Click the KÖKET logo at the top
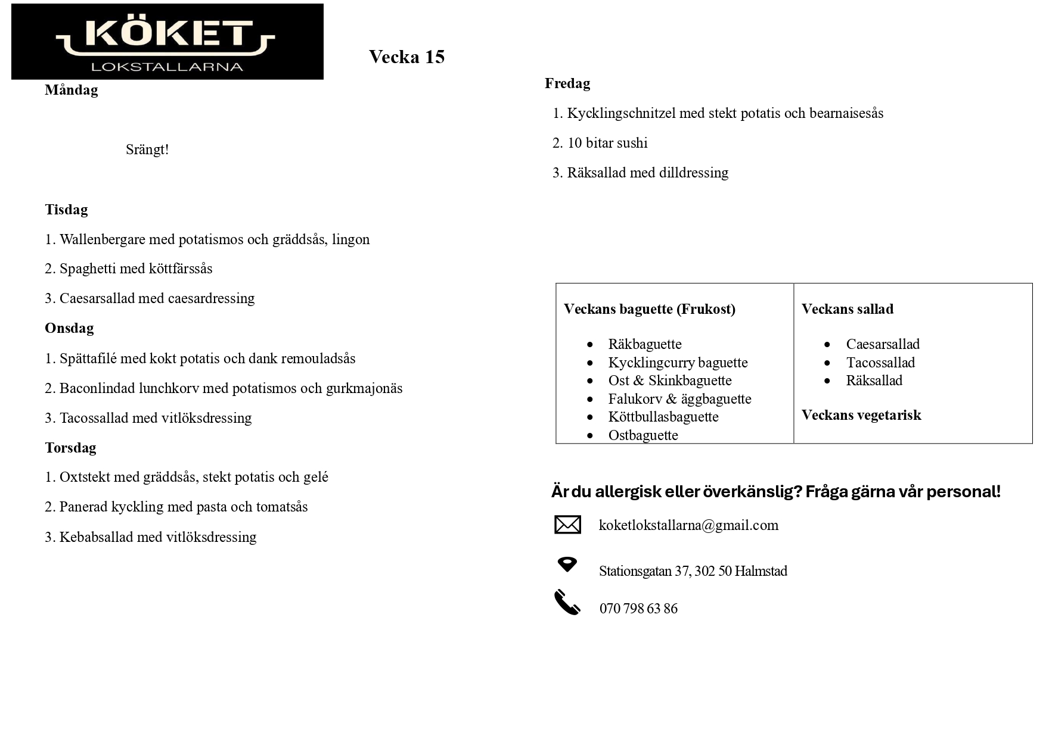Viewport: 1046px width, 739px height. tap(167, 42)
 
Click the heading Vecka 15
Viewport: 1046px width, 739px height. tap(406, 57)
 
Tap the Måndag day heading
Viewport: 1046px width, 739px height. tap(71, 90)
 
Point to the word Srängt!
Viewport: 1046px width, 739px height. tap(147, 149)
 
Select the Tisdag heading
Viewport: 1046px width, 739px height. tap(66, 210)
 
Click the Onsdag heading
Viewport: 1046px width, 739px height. tap(69, 328)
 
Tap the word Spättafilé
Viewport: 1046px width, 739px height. tap(88, 358)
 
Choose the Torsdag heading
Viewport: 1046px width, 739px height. tap(70, 448)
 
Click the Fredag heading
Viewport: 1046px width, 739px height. tap(567, 83)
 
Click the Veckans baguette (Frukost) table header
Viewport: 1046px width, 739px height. tap(649, 309)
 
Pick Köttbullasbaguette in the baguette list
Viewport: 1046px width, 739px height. tap(663, 417)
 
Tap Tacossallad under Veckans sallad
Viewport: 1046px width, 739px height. tap(880, 363)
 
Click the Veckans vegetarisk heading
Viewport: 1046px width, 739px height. tap(861, 415)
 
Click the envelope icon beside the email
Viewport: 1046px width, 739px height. tap(567, 525)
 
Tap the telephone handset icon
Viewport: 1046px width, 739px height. tap(567, 602)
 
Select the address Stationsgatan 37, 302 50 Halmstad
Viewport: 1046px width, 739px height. tap(693, 571)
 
